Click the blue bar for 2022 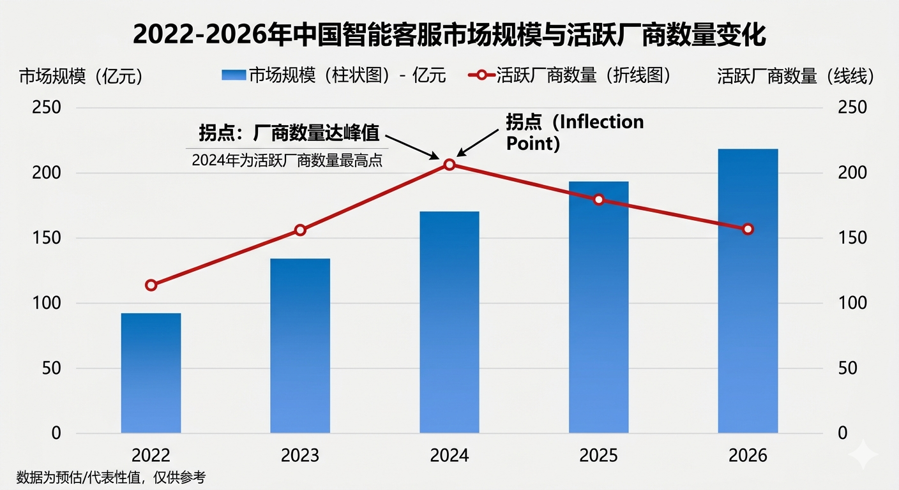coord(151,373)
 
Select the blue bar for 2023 coord(300,346)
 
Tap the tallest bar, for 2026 coord(748,291)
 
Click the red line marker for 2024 coord(450,165)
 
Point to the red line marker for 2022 coord(151,285)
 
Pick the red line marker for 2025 coord(598,200)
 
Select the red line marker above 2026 coord(748,229)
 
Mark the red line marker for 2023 coord(300,230)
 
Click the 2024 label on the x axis coord(449,456)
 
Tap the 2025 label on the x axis coord(598,456)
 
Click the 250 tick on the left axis coord(47,107)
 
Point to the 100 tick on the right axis coord(852,303)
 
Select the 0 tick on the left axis coord(56,433)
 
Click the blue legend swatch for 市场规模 coord(233,75)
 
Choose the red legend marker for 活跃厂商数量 coord(482,75)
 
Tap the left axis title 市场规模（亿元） coord(81,77)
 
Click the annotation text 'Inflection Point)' coord(575,132)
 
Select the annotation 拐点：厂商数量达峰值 coord(289,133)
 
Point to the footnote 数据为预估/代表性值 coord(111,477)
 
